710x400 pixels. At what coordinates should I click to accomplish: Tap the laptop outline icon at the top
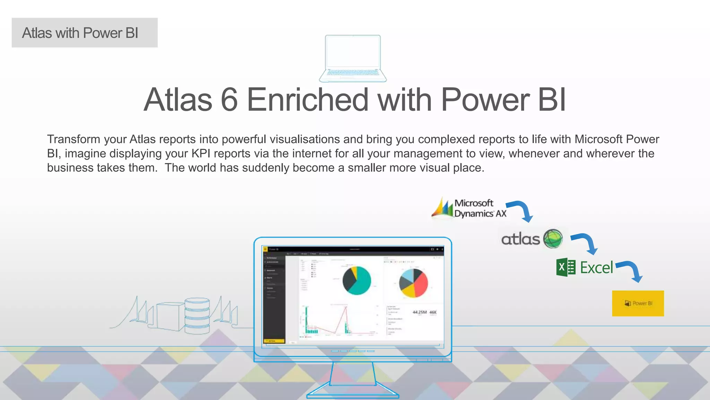pos(353,58)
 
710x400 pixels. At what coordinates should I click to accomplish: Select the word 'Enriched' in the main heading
pos(307,100)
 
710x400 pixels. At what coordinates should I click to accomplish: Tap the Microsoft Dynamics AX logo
pos(469,208)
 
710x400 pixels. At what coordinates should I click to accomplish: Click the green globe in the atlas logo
pos(553,239)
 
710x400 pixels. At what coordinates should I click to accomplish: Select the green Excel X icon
pos(565,267)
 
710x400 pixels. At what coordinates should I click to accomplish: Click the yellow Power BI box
pos(638,303)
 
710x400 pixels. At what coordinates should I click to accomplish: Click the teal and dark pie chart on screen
pos(356,281)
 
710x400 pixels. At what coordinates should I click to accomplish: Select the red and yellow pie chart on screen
pos(413,283)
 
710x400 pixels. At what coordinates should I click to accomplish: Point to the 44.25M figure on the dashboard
pos(419,312)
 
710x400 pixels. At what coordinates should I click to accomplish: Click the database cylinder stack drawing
pos(197,315)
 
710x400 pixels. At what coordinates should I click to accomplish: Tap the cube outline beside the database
pos(169,316)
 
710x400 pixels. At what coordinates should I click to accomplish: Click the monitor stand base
pos(353,394)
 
